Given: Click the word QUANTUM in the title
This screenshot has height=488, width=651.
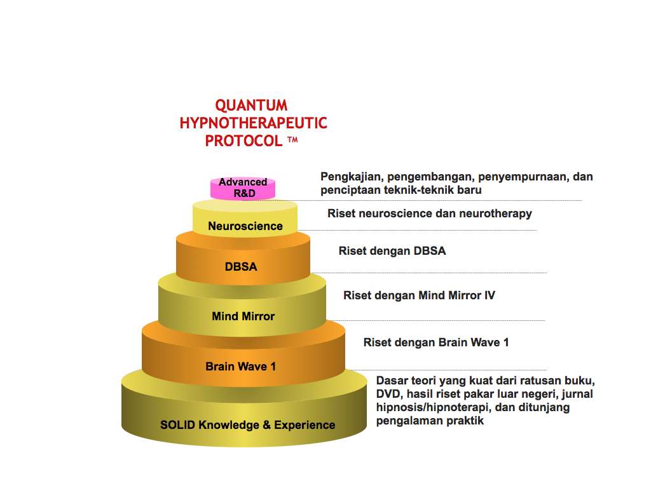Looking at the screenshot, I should click(251, 105).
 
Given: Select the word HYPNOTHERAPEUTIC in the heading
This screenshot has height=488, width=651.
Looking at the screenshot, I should click(253, 123).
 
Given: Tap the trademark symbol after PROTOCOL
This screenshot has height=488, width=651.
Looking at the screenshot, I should click(292, 139).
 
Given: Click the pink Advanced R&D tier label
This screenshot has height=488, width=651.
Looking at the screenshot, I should click(243, 187).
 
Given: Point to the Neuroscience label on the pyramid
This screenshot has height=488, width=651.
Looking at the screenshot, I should click(245, 226).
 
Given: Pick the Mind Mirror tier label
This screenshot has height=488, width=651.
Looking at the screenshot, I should click(243, 316).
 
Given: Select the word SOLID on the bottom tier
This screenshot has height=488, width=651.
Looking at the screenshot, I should click(177, 424).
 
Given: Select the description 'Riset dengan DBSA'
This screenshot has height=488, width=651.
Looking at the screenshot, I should click(392, 251).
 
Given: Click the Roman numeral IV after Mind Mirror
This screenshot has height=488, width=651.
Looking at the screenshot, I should click(489, 295).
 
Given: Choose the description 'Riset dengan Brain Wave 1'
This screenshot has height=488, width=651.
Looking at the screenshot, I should click(435, 342).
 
